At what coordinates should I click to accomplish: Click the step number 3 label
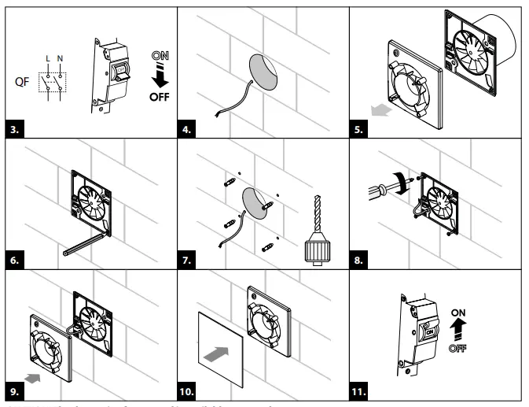13,124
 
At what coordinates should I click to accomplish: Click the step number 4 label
189,124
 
